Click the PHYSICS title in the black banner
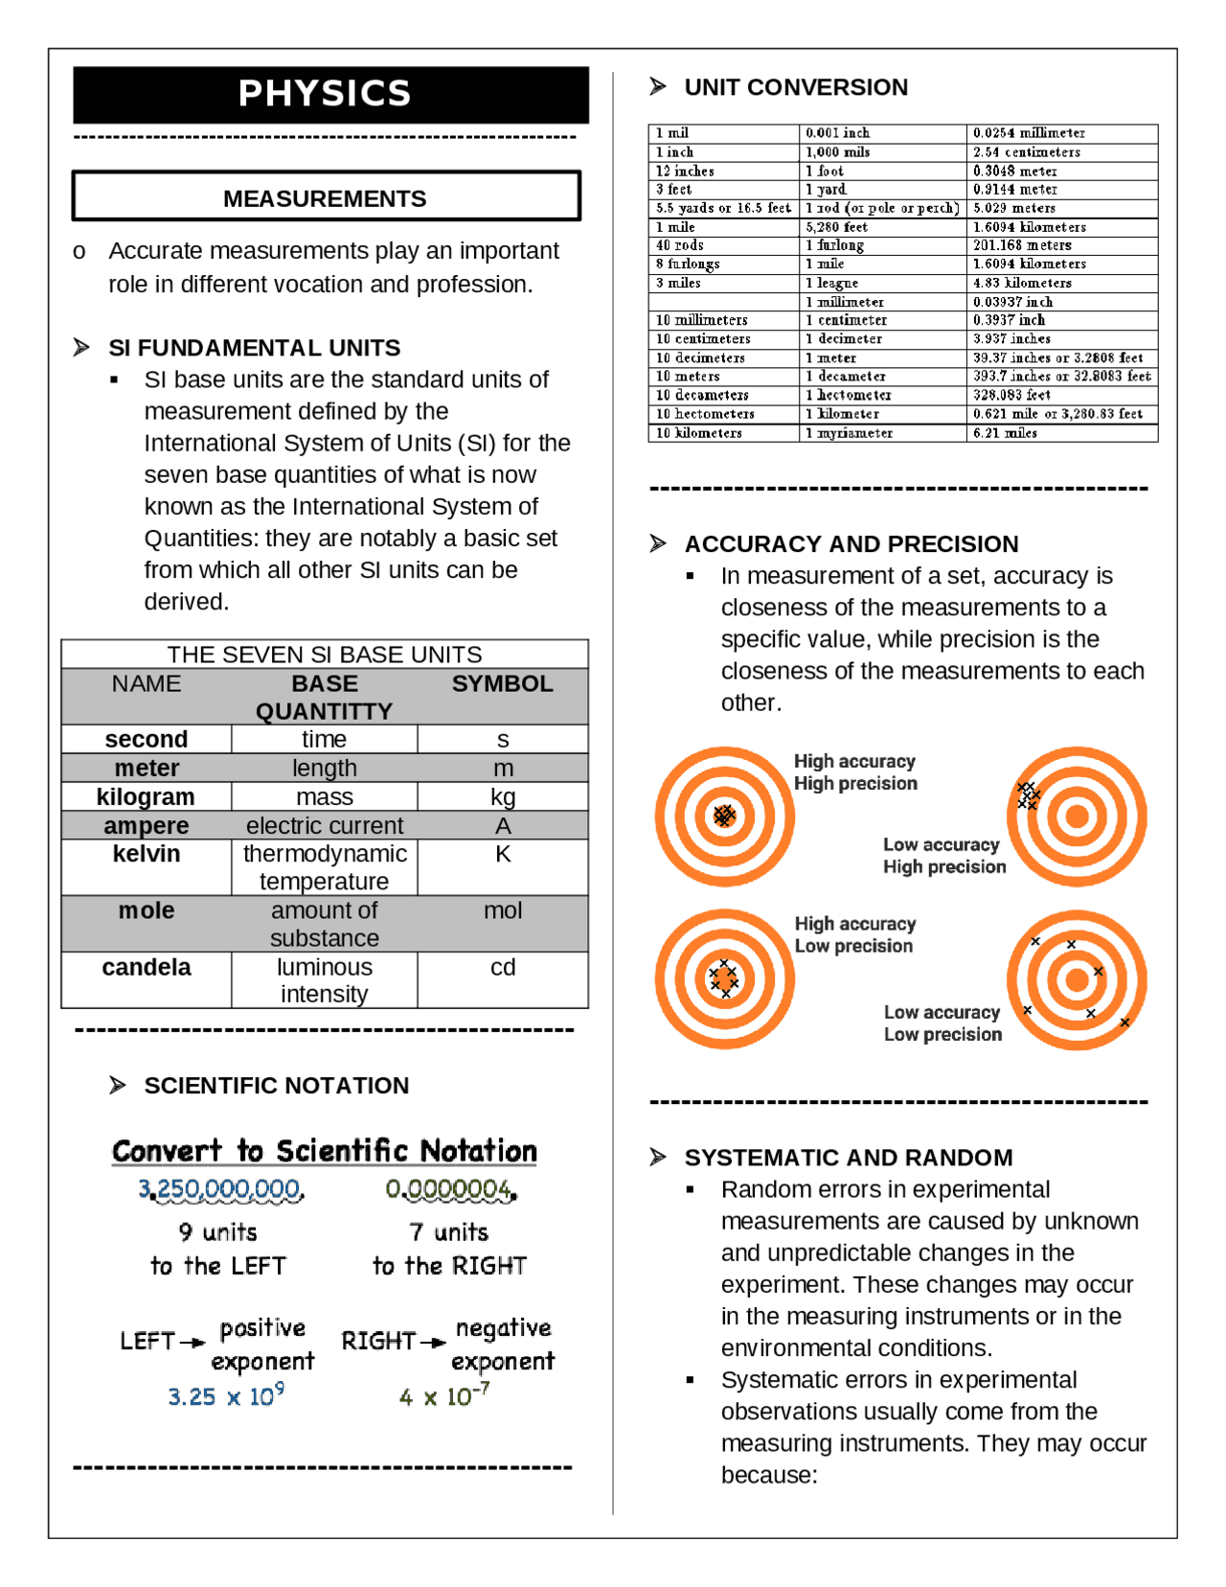[325, 93]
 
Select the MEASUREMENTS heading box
[325, 198]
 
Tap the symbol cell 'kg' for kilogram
[503, 797]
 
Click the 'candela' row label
[147, 967]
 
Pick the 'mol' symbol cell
[503, 910]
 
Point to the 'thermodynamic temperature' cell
[325, 867]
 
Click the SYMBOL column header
[502, 683]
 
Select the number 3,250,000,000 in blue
[221, 1189]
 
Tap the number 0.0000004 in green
[450, 1189]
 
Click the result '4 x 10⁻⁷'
[444, 1396]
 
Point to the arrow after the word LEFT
[193, 1342]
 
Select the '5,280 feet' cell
[836, 227]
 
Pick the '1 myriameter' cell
[849, 433]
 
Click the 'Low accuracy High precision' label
[943, 856]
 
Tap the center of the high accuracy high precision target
[724, 816]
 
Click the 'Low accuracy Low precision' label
[942, 1023]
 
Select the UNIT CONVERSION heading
[795, 87]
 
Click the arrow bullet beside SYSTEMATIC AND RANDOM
[658, 1158]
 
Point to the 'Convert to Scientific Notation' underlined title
[325, 1151]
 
